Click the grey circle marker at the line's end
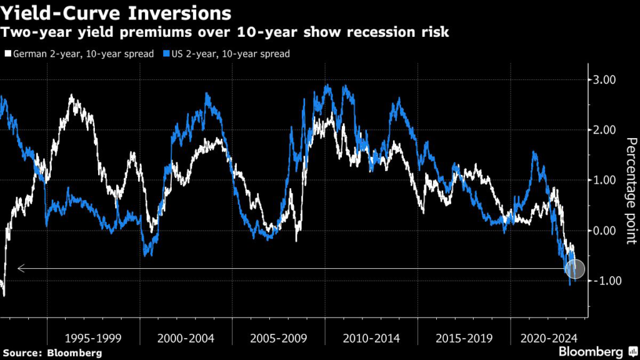575,269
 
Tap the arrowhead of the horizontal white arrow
21,269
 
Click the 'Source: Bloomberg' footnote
51,353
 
